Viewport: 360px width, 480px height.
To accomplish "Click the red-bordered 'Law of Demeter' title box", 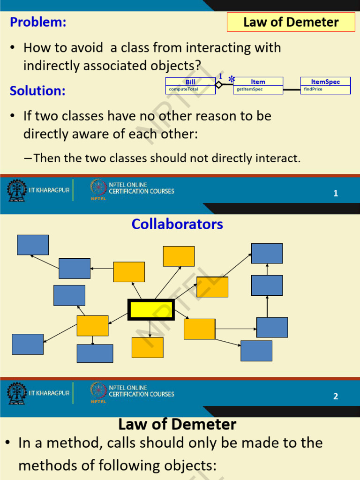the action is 291,22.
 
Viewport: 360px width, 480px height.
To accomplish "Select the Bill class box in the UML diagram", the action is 190,85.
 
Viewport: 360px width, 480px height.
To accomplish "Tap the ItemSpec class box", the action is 325,85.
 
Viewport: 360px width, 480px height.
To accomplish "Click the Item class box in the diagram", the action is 258,85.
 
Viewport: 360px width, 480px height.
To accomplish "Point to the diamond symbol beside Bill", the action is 219,85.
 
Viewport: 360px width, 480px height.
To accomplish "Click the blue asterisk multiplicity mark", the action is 232,80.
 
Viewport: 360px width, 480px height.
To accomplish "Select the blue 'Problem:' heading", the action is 38,22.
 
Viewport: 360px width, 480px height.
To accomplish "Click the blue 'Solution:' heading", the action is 37,90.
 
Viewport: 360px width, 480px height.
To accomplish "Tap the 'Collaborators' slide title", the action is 177,224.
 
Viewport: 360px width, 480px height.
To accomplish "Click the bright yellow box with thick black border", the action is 151,310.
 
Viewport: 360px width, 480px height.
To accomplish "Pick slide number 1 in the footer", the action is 336,193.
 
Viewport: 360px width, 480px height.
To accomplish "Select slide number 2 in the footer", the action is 336,397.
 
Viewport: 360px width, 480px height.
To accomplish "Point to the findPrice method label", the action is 313,89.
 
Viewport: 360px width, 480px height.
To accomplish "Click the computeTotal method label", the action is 183,89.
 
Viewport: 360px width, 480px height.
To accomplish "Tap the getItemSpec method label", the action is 249,89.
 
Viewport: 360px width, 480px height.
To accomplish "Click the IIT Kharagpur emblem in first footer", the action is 17,190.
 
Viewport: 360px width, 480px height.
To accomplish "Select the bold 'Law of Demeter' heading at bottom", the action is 177,425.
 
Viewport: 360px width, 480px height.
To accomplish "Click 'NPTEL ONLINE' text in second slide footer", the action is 128,388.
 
